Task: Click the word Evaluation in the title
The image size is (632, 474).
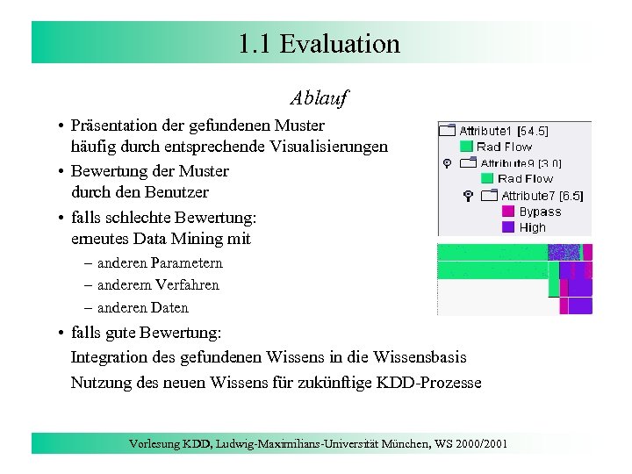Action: tap(340, 43)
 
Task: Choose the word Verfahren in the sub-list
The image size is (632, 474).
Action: tap(184, 284)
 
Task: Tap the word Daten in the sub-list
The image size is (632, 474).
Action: tap(168, 307)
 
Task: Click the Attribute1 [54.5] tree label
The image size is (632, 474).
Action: tap(504, 131)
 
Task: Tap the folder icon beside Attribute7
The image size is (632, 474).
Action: tap(490, 196)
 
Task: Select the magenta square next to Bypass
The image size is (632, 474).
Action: tap(507, 212)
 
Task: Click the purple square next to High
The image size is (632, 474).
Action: tap(507, 227)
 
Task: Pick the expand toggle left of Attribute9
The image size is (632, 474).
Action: tap(447, 163)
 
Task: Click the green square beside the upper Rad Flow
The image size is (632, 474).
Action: tap(466, 147)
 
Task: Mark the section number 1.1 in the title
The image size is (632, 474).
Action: tap(254, 43)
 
